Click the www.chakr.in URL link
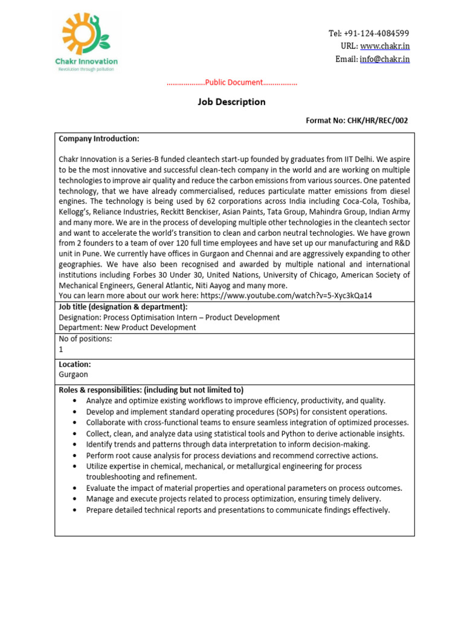(x=385, y=46)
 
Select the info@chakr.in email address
(x=385, y=59)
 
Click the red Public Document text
(x=233, y=82)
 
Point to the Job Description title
(x=231, y=102)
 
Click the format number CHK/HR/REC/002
(x=377, y=120)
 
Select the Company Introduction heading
(x=99, y=138)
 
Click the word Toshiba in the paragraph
(x=393, y=201)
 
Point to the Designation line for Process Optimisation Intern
(x=169, y=317)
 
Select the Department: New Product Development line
(x=127, y=328)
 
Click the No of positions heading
(x=85, y=339)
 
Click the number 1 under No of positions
(x=61, y=349)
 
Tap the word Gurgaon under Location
(x=73, y=374)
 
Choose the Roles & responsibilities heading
(x=151, y=390)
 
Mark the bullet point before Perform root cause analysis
(x=74, y=455)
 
